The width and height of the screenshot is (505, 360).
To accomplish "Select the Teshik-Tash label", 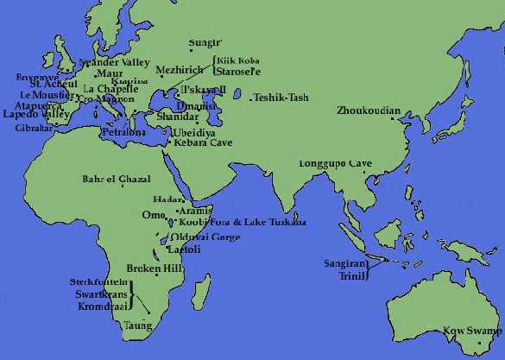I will tap(281, 98).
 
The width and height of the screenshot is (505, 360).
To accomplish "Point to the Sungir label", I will tap(205, 41).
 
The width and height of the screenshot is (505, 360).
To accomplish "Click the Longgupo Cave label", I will tap(335, 163).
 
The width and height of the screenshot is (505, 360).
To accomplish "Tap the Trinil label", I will tap(351, 277).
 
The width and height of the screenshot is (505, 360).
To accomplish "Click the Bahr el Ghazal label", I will tap(116, 180).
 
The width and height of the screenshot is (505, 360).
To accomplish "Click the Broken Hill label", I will tap(149, 268).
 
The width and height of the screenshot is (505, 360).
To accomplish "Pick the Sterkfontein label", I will tap(98, 282).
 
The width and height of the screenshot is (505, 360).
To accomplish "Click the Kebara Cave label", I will tap(203, 142).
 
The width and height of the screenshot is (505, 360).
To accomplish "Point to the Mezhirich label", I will tap(179, 68).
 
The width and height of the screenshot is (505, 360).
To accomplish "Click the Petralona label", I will tap(122, 133).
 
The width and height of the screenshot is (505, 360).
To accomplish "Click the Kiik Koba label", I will tap(237, 60).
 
